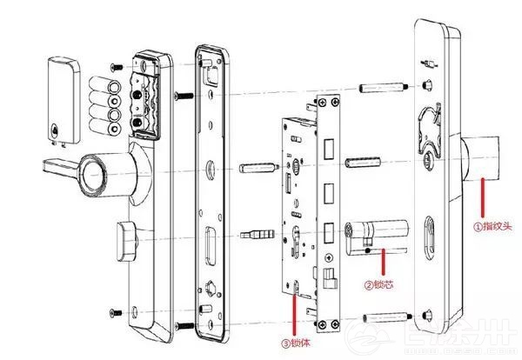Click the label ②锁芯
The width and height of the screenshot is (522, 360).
point(382,284)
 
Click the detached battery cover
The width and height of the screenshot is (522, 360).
point(62,97)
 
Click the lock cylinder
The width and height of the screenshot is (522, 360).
point(374,234)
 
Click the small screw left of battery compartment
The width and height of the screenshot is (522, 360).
point(114,66)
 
